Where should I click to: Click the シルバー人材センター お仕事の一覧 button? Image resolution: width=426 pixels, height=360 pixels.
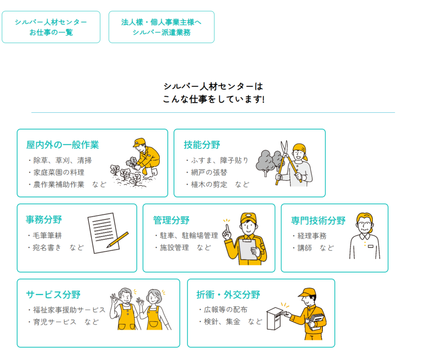[51, 27]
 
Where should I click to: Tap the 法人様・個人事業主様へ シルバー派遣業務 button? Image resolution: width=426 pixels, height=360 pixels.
[161, 27]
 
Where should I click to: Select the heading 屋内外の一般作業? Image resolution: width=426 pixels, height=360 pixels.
[62, 145]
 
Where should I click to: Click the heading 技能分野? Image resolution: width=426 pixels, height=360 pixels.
[202, 145]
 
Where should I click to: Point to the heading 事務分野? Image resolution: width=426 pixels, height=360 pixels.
[44, 219]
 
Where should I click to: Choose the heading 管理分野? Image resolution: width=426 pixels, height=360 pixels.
[171, 220]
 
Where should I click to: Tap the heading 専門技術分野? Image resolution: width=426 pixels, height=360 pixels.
[318, 220]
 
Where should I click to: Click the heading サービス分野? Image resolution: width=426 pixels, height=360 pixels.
[53, 295]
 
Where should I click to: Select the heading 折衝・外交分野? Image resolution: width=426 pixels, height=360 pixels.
[228, 295]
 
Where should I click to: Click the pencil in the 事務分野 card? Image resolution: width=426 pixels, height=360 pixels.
[117, 239]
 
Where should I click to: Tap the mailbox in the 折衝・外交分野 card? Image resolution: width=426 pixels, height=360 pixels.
[275, 318]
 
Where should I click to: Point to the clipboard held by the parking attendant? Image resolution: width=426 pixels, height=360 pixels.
[248, 248]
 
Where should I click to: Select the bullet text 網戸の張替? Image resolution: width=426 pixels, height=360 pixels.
[209, 173]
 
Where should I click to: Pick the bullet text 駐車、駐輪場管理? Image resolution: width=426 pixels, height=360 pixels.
[189, 236]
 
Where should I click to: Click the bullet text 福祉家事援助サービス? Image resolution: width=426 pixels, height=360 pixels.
[69, 310]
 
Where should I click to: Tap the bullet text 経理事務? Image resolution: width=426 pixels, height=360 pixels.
[312, 236]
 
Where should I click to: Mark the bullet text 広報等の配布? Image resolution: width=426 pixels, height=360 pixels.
[225, 310]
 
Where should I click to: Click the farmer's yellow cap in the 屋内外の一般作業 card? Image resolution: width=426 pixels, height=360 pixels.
[139, 142]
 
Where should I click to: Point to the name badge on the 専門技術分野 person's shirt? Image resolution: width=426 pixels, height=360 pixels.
[371, 246]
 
